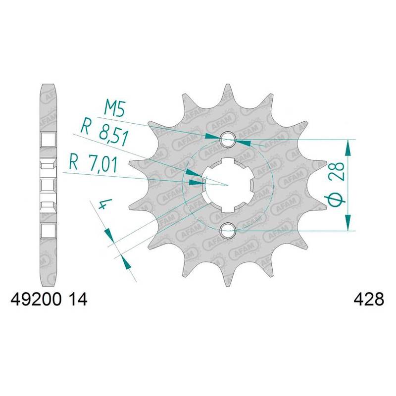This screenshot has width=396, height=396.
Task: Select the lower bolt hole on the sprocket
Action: (228, 229)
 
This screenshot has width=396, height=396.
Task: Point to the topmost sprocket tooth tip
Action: (228, 87)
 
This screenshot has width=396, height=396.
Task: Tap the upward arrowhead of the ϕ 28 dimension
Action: (350, 147)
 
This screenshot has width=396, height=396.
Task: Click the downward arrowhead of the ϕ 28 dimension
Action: (350, 222)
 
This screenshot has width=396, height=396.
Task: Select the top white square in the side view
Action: (48, 140)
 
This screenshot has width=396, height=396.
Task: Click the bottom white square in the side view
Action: (48, 230)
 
